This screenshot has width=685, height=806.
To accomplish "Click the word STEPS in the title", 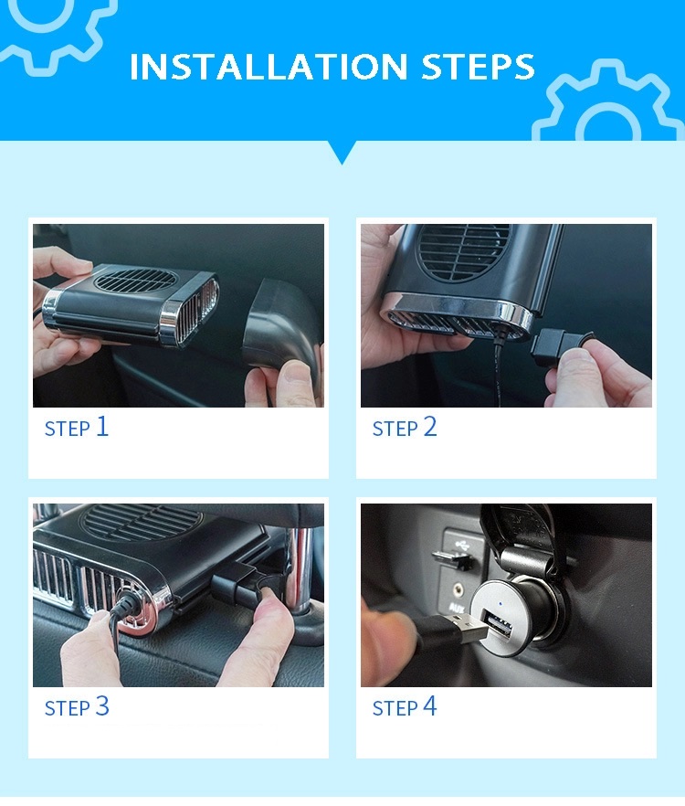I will point(478,68).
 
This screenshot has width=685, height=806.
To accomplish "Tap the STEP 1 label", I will point(77,427).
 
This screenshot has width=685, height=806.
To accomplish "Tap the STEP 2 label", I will point(405,427).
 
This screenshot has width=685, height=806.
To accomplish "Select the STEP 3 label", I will point(77,706).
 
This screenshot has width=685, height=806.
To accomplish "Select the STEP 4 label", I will point(405,706).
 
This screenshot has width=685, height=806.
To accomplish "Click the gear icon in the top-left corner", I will point(57,27).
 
